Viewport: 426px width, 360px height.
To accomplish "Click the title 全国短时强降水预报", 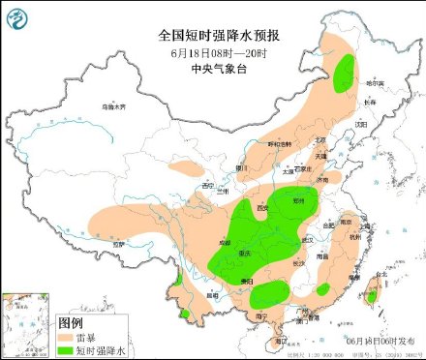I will point(212,34).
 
